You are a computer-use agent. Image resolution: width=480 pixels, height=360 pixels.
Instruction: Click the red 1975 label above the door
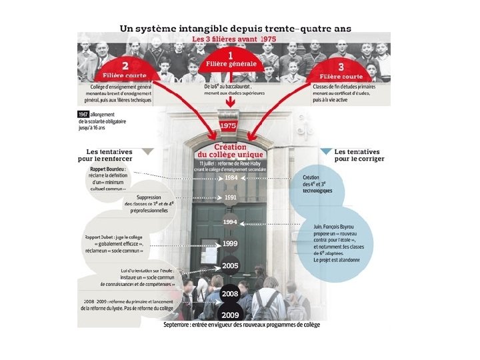click(229, 125)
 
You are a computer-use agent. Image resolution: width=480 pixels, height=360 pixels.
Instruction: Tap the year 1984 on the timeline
click(230, 178)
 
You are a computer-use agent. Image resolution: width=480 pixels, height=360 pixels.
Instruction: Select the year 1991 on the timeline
click(230, 197)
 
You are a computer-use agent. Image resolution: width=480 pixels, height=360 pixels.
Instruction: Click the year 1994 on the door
click(230, 221)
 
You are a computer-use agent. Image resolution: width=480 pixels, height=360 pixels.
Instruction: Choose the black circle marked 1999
click(230, 243)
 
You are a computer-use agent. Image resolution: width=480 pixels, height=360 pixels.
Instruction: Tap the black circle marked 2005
click(230, 266)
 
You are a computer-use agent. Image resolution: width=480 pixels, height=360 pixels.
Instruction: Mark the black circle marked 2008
click(230, 293)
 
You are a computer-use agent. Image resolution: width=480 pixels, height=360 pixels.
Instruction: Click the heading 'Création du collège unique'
click(231, 151)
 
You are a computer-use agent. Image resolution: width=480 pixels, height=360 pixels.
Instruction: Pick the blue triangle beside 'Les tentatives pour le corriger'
click(325, 152)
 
